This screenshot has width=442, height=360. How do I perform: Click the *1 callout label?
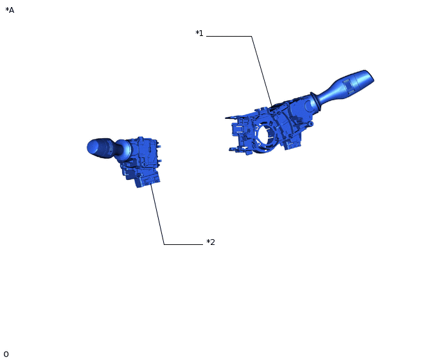click(199, 33)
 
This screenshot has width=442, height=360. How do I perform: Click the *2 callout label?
click(211, 242)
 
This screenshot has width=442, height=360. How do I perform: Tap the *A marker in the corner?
click(10, 10)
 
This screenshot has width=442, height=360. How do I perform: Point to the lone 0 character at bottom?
click(6, 354)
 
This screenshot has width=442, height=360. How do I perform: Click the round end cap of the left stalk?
click(91, 147)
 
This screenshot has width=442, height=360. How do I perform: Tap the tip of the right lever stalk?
click(369, 76)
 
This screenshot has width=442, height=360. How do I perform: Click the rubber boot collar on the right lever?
click(315, 103)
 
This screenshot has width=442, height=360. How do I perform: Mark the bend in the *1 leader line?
click(251, 37)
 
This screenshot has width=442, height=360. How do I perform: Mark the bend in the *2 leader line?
click(164, 244)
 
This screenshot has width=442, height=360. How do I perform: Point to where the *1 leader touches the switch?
click(272, 105)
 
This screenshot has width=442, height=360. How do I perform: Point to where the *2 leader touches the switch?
click(151, 184)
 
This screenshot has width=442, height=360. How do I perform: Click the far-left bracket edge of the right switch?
click(228, 118)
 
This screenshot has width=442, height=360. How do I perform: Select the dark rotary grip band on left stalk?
click(102, 147)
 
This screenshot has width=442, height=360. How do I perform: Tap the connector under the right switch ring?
click(293, 144)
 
